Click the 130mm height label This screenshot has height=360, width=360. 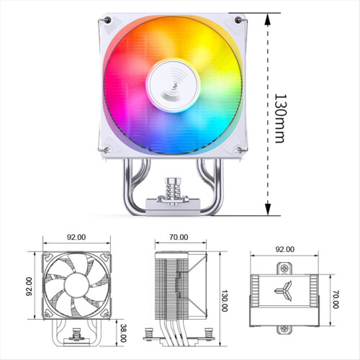click(280, 118)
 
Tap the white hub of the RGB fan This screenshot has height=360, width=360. click(173, 86)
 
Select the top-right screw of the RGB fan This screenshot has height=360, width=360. click(238, 20)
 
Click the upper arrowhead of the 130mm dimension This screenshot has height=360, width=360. click(268, 19)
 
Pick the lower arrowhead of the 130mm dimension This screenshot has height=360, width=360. click(268, 209)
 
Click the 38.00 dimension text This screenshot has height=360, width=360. click(123, 333)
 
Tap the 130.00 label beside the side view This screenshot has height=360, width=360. click(224, 301)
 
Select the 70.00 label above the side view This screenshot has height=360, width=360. click(179, 237)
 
